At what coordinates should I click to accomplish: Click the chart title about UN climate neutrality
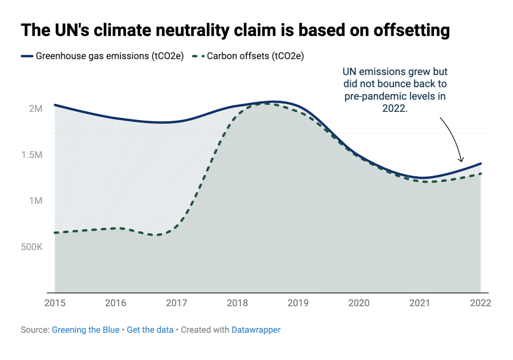[x=235, y=30]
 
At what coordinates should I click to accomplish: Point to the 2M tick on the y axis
[x=36, y=109]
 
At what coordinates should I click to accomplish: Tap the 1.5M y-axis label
[x=32, y=155]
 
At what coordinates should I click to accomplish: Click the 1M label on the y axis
[x=36, y=201]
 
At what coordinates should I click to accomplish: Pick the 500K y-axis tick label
[x=32, y=247]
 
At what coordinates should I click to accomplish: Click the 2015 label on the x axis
[x=55, y=303]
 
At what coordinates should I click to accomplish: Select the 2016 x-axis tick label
[x=116, y=303]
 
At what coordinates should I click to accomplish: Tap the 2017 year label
[x=177, y=303]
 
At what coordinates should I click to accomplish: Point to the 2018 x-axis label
[x=237, y=303]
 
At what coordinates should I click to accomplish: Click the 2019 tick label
[x=298, y=303]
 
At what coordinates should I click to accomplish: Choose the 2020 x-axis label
[x=359, y=303]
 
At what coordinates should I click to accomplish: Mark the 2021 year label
[x=420, y=303]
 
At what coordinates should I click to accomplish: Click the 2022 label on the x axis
[x=480, y=303]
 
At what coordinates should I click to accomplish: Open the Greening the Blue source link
[x=86, y=330]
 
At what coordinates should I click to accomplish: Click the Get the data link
[x=150, y=330]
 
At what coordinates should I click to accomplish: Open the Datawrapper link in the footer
[x=256, y=330]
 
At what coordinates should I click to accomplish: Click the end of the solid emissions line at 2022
[x=480, y=164]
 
